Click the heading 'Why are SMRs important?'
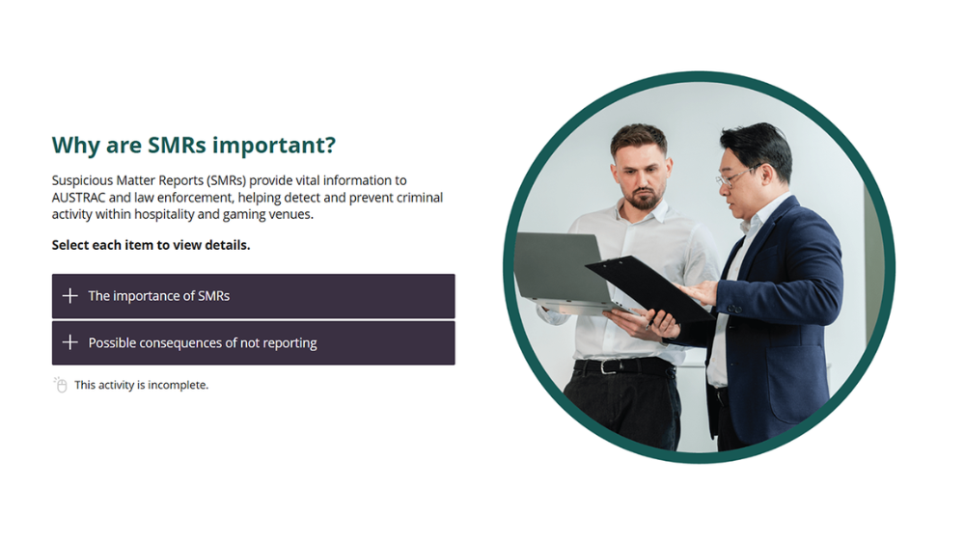193,146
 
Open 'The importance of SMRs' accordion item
253,296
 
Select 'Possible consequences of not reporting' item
253,343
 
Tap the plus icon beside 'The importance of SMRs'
69,296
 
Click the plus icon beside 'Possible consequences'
69,343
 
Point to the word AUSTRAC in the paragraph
78,198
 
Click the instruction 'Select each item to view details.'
151,245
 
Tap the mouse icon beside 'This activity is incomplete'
60,385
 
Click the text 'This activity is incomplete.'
141,385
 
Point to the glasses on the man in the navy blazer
733,177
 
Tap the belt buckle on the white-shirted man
607,367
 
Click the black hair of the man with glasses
757,144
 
